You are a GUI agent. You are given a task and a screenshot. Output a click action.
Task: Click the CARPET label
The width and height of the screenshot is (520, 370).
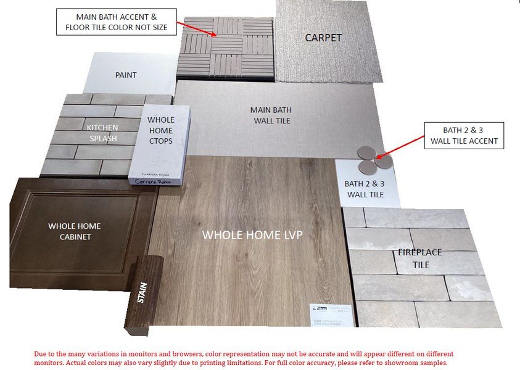coord(323,38)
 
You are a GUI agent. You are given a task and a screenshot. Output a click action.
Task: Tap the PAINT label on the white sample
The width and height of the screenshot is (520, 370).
coord(126,75)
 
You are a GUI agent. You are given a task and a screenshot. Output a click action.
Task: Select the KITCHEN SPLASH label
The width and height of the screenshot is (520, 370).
coord(102,133)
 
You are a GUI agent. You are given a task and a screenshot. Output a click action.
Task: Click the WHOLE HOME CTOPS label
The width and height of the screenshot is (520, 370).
coord(161,131)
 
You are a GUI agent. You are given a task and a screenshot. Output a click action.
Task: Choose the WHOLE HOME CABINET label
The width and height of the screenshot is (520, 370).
coord(74,231)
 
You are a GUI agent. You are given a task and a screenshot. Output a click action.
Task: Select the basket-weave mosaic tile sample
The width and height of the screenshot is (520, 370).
coord(225,47)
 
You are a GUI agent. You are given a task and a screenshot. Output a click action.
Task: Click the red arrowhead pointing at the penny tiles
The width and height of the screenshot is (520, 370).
coord(379,158)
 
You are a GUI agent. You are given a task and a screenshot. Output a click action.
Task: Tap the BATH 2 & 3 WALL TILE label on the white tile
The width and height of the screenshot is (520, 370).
coord(364,189)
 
